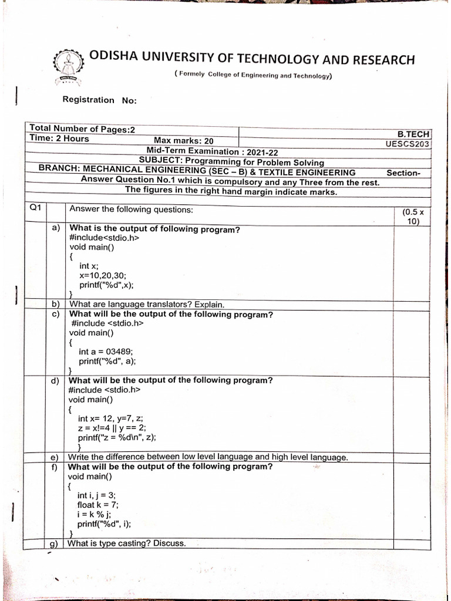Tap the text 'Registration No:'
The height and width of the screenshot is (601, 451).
point(99,100)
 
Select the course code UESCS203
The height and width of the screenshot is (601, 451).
point(408,144)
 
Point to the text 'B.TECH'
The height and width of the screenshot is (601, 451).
point(414,134)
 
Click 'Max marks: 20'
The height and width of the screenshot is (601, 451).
point(183,141)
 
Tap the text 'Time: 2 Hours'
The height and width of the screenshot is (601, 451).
point(59,139)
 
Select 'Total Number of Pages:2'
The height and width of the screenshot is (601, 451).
point(82,129)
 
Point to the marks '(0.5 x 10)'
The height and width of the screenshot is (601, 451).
point(412,217)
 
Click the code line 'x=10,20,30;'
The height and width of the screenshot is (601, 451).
point(103,275)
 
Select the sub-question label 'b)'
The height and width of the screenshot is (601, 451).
point(56,304)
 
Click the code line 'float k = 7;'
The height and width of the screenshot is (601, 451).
point(98,505)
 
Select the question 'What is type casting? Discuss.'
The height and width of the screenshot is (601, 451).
point(127,543)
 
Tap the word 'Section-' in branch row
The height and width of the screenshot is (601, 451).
point(403,173)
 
